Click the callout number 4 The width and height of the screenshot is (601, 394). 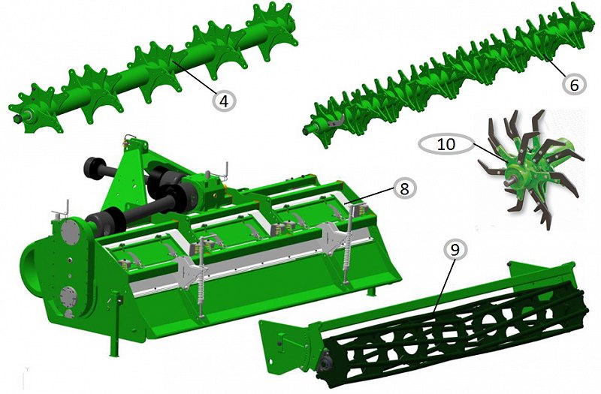tap(224, 101)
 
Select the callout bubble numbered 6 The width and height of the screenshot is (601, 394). tap(574, 85)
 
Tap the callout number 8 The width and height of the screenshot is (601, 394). tap(404, 188)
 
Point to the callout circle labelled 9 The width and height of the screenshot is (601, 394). tap(455, 250)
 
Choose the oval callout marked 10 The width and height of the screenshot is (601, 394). tap(446, 144)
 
